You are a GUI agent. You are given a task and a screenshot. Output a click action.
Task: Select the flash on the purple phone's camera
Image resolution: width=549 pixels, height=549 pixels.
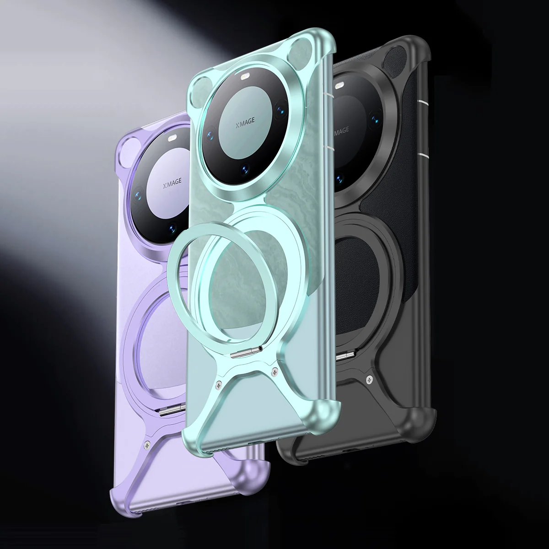[x=173, y=137]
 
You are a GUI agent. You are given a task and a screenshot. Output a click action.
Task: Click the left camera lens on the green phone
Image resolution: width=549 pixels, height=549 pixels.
[x=211, y=135]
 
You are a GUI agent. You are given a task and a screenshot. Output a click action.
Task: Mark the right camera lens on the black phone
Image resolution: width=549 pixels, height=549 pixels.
[x=376, y=120]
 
